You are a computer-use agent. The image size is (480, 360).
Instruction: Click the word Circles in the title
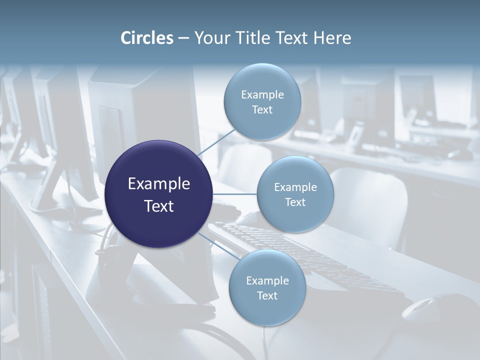146,37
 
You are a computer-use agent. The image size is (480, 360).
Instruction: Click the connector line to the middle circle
234,194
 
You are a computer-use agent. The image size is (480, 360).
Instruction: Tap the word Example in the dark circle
159,184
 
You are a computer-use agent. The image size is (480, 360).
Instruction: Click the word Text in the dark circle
159,206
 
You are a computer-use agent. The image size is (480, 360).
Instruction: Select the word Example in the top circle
262,94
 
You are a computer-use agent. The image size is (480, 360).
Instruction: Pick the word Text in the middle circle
295,202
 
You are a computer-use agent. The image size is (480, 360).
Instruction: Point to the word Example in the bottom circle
267,280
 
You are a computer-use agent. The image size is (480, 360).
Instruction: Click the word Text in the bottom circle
267,295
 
